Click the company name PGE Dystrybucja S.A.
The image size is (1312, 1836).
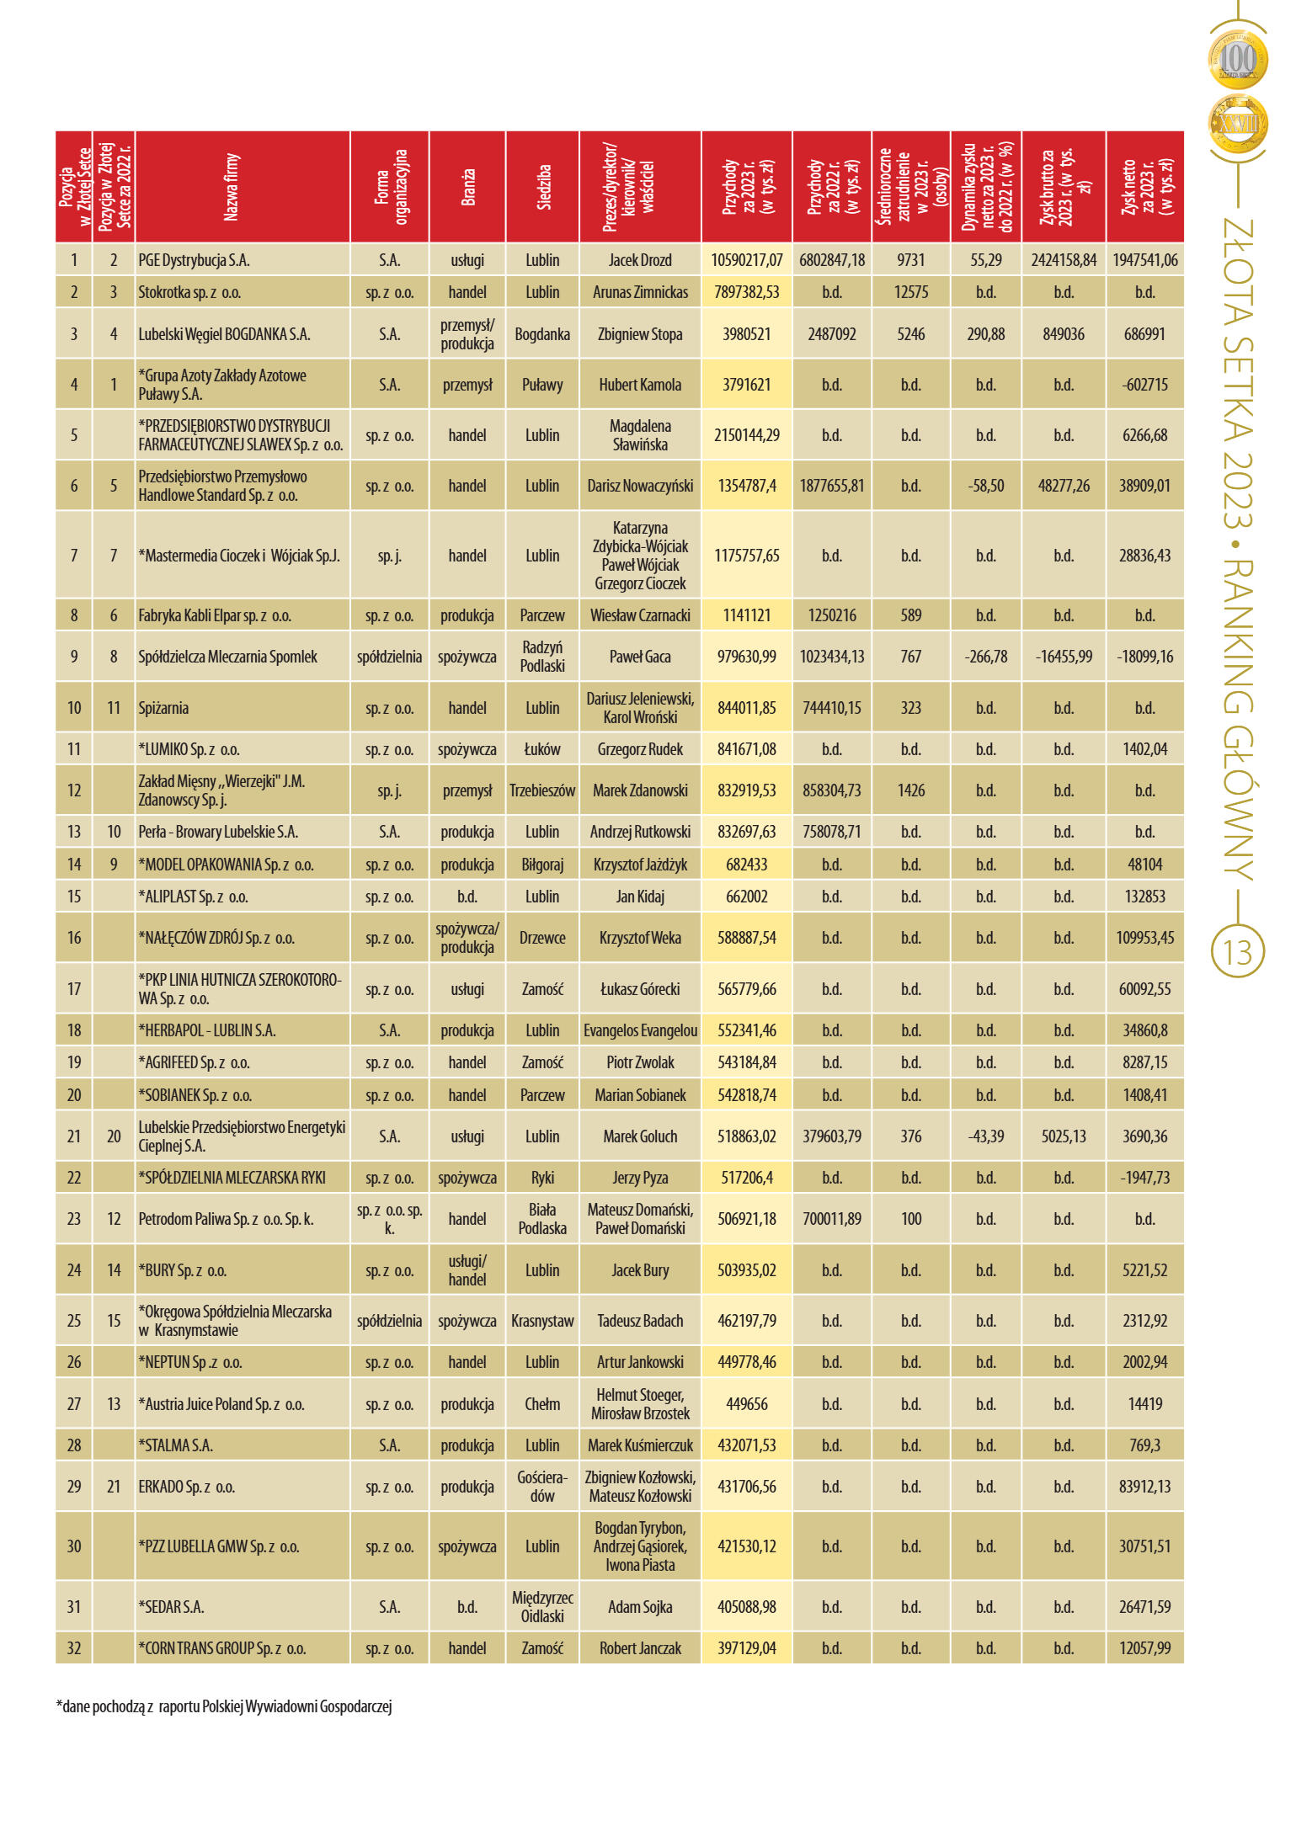point(194,260)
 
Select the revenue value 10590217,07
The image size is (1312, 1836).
point(746,260)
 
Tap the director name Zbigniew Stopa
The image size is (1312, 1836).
point(640,334)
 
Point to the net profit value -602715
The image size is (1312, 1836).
point(1144,385)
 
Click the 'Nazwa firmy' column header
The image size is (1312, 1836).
point(232,187)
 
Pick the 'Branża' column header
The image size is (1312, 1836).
point(468,187)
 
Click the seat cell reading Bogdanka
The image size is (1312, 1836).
point(542,334)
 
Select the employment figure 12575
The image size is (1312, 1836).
point(911,292)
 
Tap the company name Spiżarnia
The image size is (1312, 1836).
point(163,708)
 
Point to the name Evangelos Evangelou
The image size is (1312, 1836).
point(640,1030)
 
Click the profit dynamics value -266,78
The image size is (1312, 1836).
point(985,657)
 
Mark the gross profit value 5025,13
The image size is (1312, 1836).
point(1064,1136)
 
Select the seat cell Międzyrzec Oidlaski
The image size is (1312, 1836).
point(542,1607)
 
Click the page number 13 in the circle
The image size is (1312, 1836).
point(1238,953)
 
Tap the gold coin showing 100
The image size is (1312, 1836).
point(1238,60)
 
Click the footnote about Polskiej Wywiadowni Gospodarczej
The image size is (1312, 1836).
point(224,1706)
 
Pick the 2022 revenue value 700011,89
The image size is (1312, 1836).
point(832,1219)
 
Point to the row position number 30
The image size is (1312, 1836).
point(74,1546)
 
